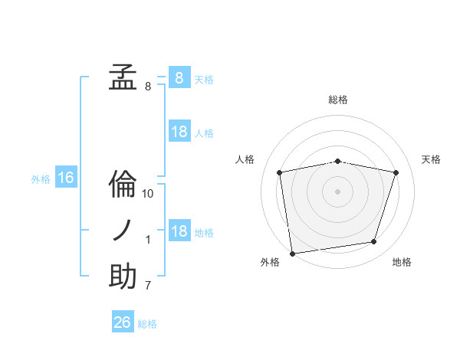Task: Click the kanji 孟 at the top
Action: (x=123, y=78)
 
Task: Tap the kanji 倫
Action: (x=123, y=185)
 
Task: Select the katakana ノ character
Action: (x=123, y=231)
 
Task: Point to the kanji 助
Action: (x=123, y=277)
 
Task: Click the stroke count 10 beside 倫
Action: (x=148, y=194)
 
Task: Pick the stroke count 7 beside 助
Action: (x=148, y=286)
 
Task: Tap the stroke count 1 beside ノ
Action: (x=148, y=241)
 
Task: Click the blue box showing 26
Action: (x=123, y=322)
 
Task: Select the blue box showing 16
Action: (x=65, y=178)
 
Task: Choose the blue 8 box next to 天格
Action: (x=179, y=78)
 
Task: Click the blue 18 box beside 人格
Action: (x=179, y=132)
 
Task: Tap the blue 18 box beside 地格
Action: (x=179, y=231)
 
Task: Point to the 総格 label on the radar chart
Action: (x=338, y=100)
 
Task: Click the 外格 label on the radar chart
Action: (x=270, y=262)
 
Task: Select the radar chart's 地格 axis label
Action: (x=402, y=262)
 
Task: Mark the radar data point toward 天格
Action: (x=396, y=173)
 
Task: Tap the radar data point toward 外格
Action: (x=292, y=253)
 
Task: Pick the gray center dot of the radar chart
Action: (x=338, y=191)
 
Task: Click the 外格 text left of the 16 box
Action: (x=41, y=179)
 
